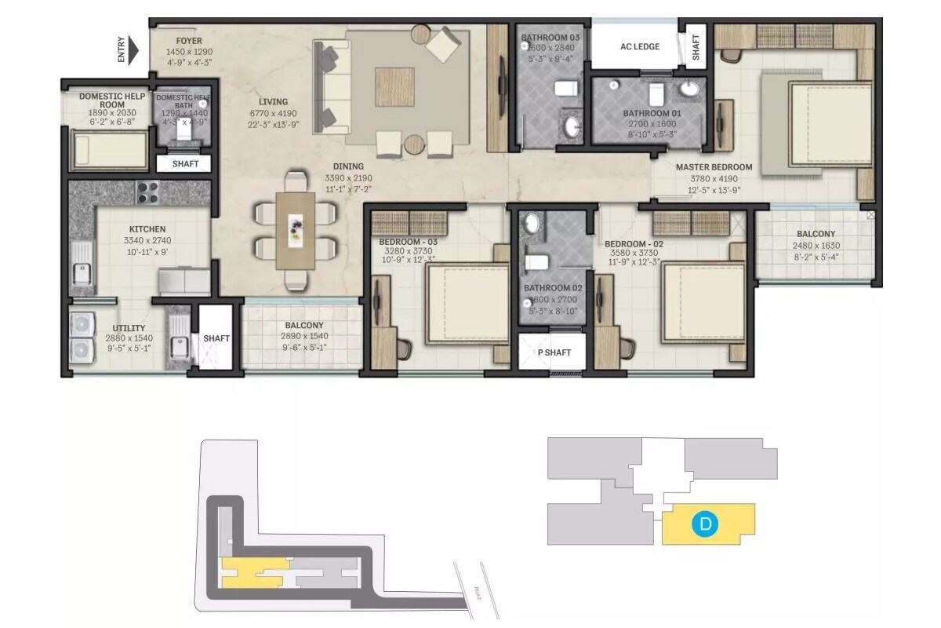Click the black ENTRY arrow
pyautogui.click(x=133, y=51)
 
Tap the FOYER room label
pyautogui.click(x=189, y=41)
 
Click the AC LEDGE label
pyautogui.click(x=639, y=46)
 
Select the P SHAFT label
pyautogui.click(x=554, y=352)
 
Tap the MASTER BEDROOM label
pyautogui.click(x=714, y=167)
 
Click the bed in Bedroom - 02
pyautogui.click(x=702, y=302)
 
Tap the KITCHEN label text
pyautogui.click(x=147, y=229)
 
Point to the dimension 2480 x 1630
pyautogui.click(x=816, y=246)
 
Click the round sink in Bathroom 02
pyautogui.click(x=532, y=225)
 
